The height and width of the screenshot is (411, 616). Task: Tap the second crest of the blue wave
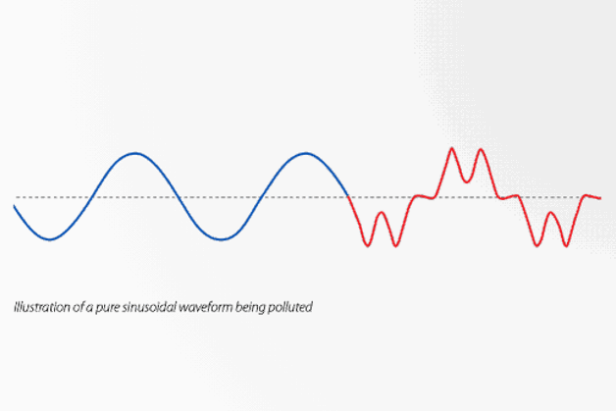point(306,154)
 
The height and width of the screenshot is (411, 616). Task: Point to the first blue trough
point(49,238)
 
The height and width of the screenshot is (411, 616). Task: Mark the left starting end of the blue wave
point(15,206)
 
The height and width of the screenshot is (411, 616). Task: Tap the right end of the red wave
point(599,198)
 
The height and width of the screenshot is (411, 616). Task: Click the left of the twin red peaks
point(452,149)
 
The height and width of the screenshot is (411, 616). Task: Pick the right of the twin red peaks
point(480,150)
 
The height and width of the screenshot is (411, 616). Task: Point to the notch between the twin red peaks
point(467,180)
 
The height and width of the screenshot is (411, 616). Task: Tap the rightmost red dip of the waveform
point(565,245)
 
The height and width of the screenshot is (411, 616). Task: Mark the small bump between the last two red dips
point(550,213)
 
